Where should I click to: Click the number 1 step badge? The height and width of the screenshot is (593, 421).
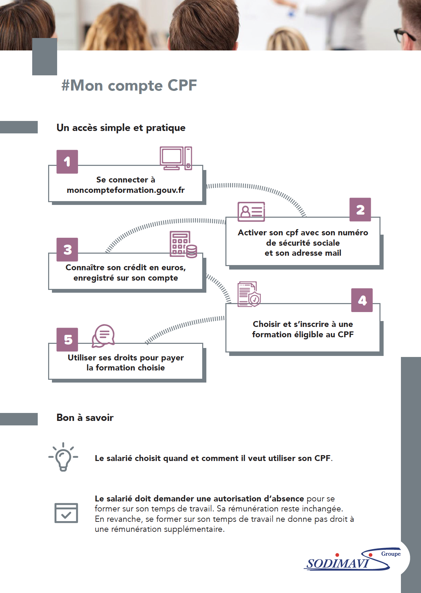tap(67, 161)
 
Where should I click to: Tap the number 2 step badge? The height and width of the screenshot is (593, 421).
tap(360, 209)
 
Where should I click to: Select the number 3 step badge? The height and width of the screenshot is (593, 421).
tap(67, 250)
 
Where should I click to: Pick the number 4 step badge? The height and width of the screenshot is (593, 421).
tap(362, 300)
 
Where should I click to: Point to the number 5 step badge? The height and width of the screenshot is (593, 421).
tap(67, 339)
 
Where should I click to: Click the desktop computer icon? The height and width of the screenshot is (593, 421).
tap(176, 158)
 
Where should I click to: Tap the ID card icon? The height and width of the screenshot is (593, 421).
tap(251, 211)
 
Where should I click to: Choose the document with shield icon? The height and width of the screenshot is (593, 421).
tap(249, 294)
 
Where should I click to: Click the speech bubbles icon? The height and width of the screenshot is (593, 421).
tap(103, 336)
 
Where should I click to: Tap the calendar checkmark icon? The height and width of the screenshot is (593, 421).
tap(66, 513)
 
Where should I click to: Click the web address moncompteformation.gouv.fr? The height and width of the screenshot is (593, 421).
tap(126, 190)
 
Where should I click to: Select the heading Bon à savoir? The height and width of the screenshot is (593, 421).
tap(85, 417)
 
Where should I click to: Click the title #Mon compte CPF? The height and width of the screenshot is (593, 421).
tap(129, 85)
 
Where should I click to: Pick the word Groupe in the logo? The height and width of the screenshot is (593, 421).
tap(391, 554)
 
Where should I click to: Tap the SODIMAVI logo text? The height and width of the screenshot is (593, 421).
tap(338, 564)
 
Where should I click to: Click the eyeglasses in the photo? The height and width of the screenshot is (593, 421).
tap(404, 35)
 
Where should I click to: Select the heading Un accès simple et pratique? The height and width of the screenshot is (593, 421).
tap(121, 128)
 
